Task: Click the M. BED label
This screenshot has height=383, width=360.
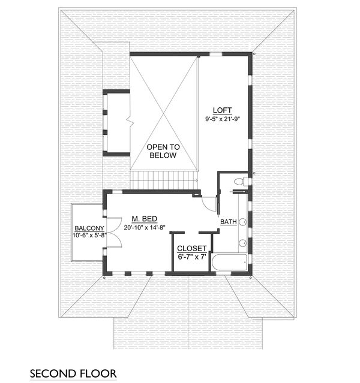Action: (144, 219)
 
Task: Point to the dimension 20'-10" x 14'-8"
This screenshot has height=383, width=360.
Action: (144, 228)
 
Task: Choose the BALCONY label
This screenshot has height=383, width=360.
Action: (89, 229)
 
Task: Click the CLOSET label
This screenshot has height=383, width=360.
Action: (192, 249)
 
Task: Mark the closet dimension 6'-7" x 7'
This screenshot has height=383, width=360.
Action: (192, 257)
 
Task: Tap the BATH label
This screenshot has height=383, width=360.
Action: (228, 222)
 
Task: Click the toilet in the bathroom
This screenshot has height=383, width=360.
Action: (239, 181)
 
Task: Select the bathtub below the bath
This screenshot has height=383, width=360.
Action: (230, 262)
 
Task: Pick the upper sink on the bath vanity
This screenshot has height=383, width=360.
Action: (243, 222)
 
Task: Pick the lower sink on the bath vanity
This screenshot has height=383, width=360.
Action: (243, 243)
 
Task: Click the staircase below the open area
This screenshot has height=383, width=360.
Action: (164, 179)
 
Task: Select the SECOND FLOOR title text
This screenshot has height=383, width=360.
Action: (73, 374)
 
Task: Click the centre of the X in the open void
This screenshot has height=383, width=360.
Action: (164, 113)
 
